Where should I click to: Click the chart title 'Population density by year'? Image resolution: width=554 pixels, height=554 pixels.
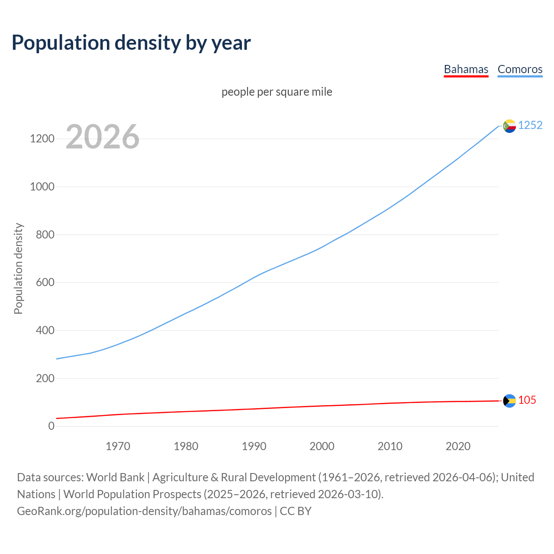pyautogui.click(x=131, y=43)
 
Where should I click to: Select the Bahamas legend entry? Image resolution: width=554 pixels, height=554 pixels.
pyautogui.click(x=466, y=69)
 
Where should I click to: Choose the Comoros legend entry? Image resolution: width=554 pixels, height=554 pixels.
pyautogui.click(x=520, y=69)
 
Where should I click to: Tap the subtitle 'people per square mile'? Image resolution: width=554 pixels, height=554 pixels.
pyautogui.click(x=277, y=92)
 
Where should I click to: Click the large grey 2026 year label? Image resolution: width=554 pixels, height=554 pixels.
pyautogui.click(x=103, y=137)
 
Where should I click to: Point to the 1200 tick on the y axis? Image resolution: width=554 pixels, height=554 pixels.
pyautogui.click(x=42, y=139)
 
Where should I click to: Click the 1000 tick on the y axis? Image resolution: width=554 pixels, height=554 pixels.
pyautogui.click(x=42, y=187)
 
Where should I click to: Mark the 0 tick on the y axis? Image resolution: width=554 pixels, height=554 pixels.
pyautogui.click(x=52, y=426)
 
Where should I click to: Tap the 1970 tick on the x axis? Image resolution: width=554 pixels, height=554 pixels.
pyautogui.click(x=118, y=446)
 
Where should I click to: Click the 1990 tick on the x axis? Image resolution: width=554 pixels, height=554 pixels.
pyautogui.click(x=254, y=446)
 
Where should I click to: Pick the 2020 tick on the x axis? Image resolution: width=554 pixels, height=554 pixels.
pyautogui.click(x=458, y=446)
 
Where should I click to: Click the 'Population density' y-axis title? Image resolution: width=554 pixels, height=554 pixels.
pyautogui.click(x=18, y=268)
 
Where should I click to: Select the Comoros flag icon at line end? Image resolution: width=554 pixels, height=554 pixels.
pyautogui.click(x=509, y=126)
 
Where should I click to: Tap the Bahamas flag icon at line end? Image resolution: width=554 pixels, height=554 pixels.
pyautogui.click(x=509, y=401)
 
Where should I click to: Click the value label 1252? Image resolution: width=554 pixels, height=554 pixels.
pyautogui.click(x=530, y=125)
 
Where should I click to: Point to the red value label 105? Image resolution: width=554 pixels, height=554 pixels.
pyautogui.click(x=527, y=400)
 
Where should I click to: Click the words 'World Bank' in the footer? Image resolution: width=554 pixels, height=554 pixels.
pyautogui.click(x=115, y=477)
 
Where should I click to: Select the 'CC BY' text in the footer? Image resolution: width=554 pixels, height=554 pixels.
pyautogui.click(x=296, y=511)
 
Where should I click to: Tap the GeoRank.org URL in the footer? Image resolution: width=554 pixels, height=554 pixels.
pyautogui.click(x=144, y=511)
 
